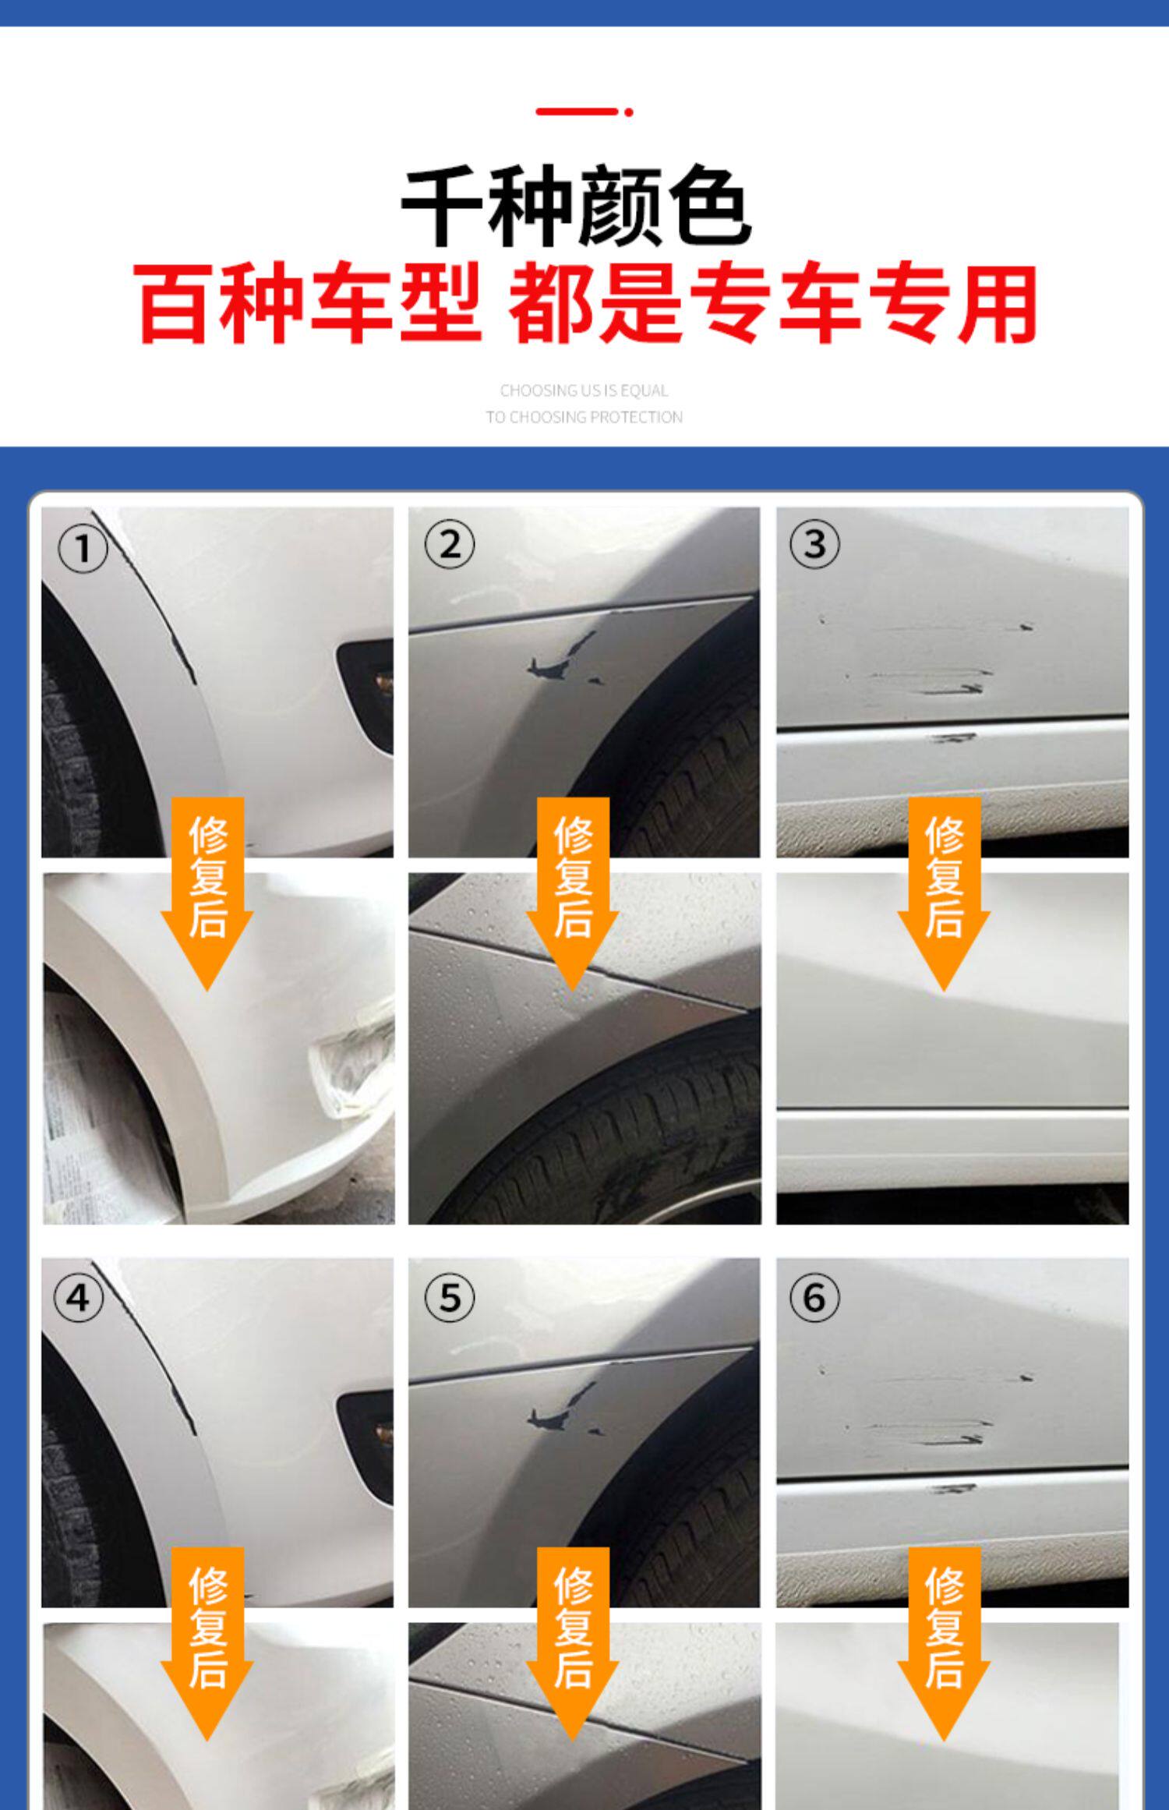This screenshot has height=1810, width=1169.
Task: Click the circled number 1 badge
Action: point(83,550)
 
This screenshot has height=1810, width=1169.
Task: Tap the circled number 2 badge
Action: point(449,543)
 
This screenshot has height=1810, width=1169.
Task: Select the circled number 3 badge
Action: point(814,543)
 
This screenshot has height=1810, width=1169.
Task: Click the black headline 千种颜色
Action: point(577,207)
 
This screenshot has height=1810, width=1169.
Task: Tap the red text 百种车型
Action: point(309,304)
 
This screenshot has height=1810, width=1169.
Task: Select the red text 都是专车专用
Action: point(773,304)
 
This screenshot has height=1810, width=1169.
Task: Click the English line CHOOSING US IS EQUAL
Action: point(584,391)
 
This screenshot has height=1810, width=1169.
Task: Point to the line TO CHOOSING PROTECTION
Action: point(584,417)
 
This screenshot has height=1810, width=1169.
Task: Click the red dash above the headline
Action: point(584,112)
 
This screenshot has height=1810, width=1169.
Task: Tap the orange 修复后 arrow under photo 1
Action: point(207,893)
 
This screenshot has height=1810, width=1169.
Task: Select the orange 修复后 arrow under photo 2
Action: point(573,893)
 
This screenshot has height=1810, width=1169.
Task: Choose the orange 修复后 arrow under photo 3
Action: point(944,893)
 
